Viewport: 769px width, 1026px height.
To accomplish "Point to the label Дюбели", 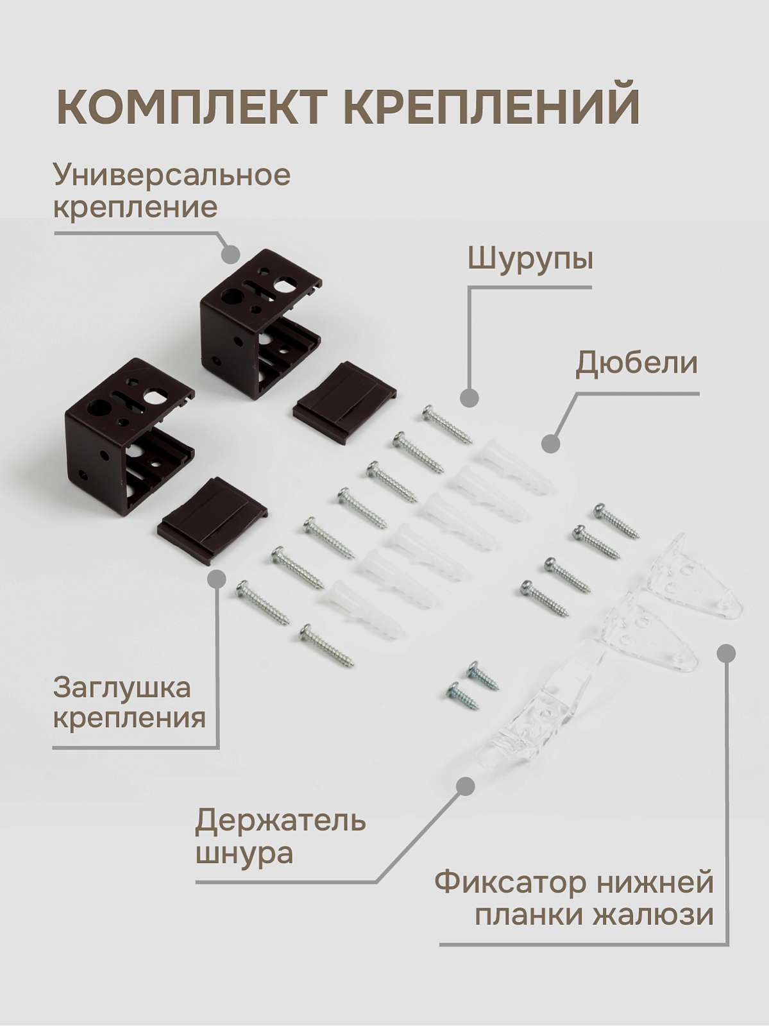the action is (636, 364).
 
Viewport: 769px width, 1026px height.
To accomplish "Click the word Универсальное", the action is (171, 176).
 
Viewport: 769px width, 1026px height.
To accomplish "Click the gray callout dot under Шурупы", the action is (469, 398).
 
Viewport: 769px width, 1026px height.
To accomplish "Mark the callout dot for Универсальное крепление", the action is (230, 254).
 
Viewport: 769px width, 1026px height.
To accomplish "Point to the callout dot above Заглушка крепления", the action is (216, 580).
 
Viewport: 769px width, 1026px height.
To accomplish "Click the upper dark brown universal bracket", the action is (260, 323).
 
